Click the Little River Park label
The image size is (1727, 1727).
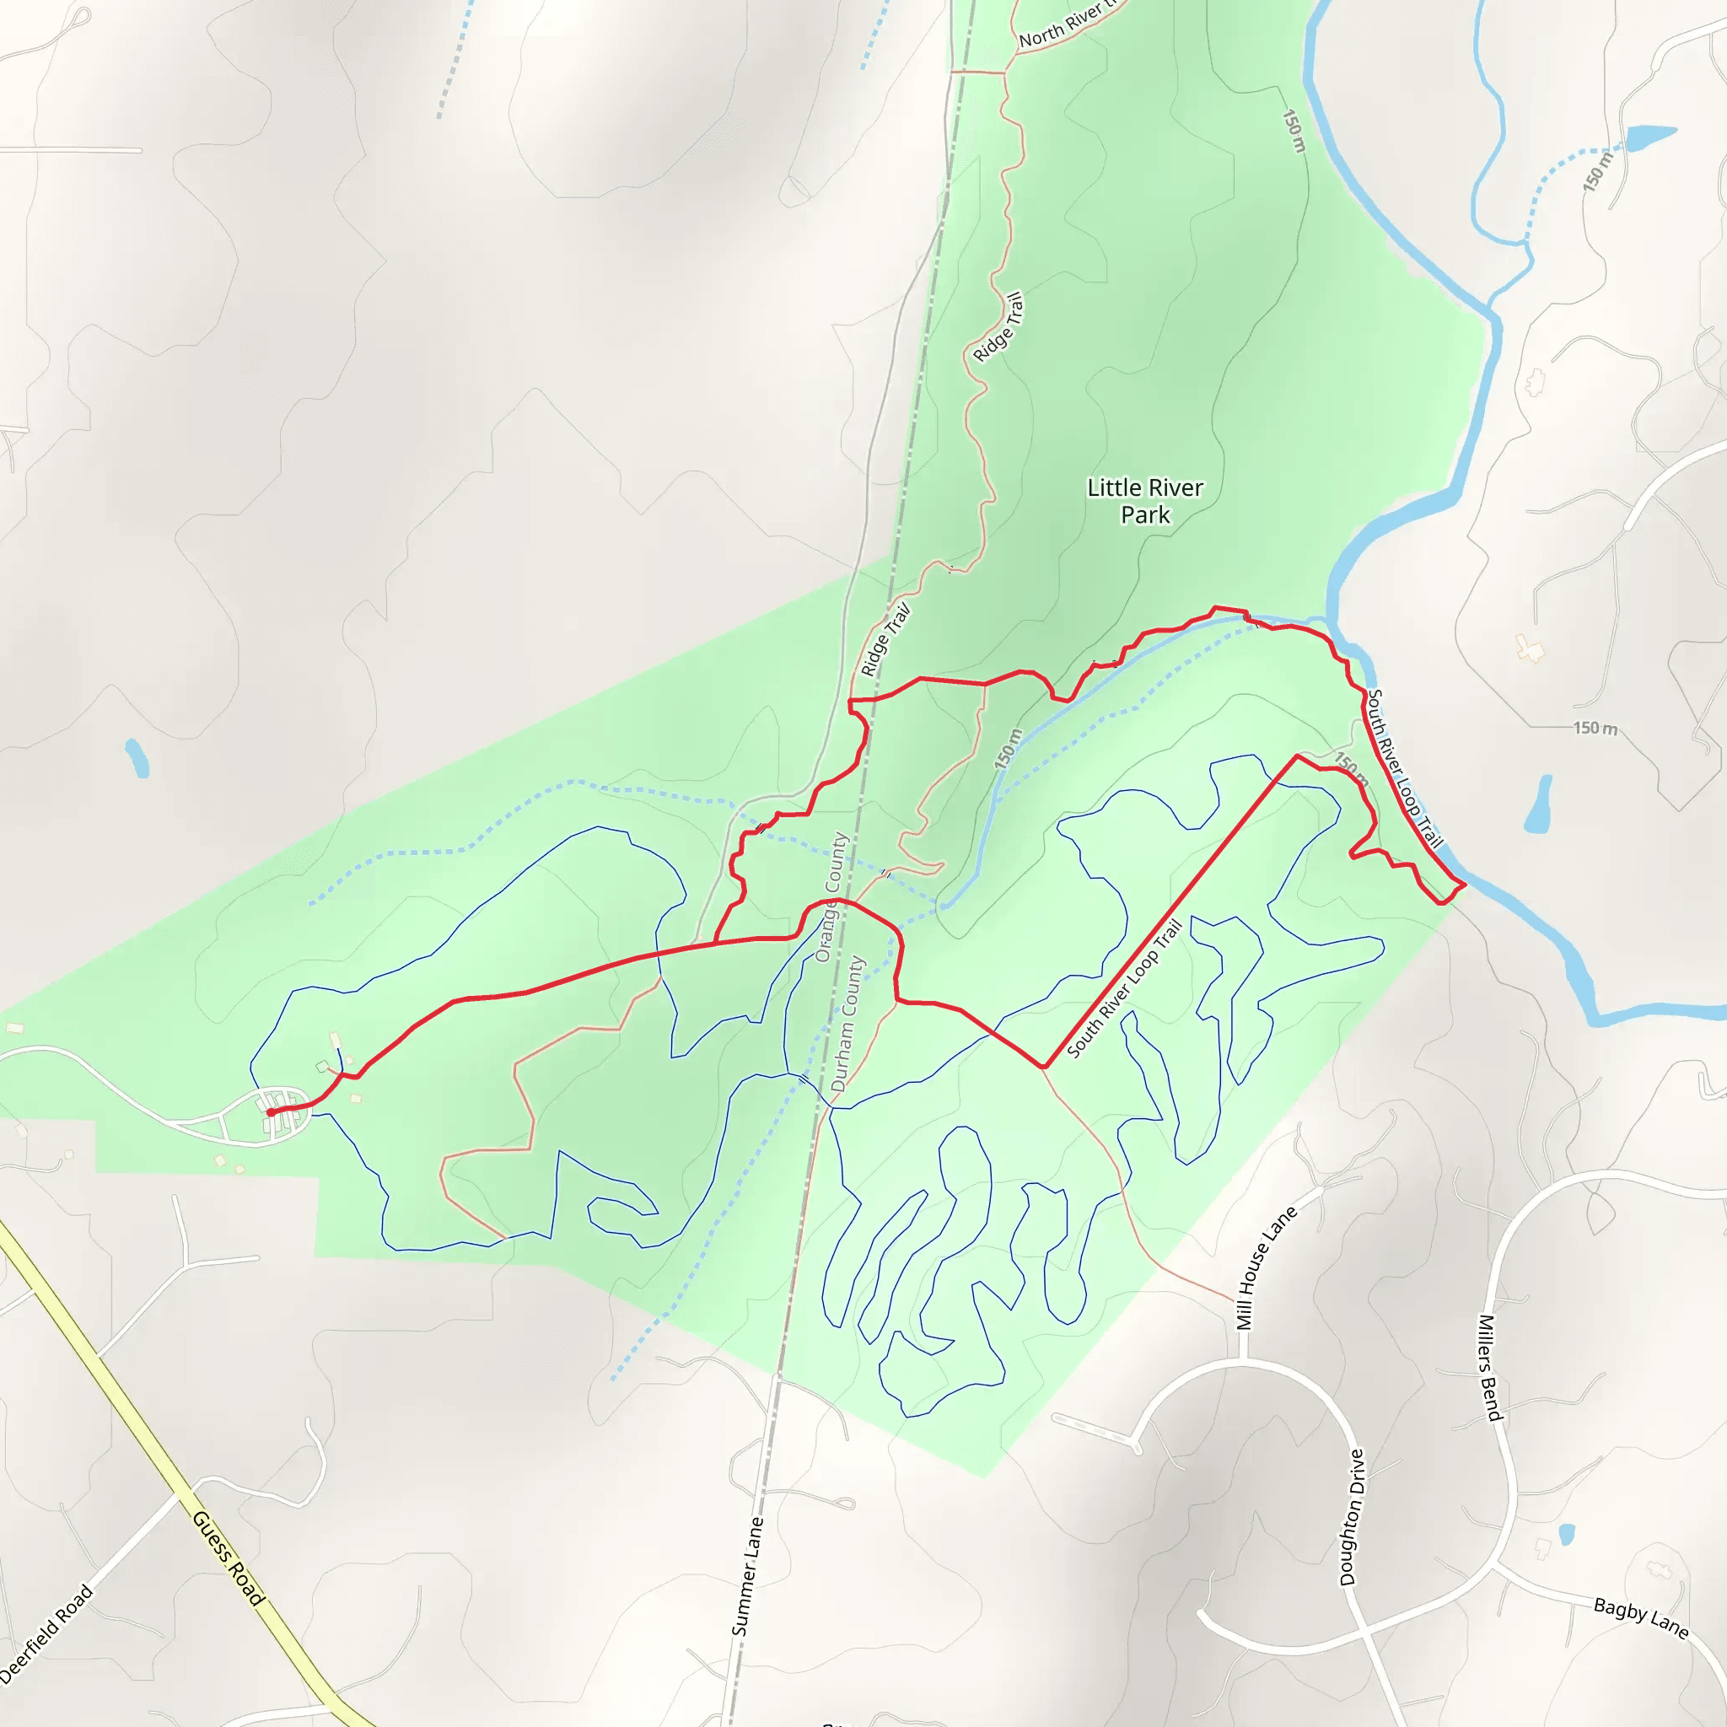click(x=1145, y=501)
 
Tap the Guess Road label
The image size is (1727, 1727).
click(x=229, y=1558)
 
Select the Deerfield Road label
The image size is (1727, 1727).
click(x=46, y=1635)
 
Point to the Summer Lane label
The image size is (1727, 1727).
click(x=747, y=1577)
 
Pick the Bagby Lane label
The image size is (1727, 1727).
click(x=1640, y=1619)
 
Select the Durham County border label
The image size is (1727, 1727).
click(x=847, y=1023)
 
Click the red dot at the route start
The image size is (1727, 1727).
click(x=270, y=1113)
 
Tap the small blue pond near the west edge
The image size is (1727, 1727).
click(x=137, y=758)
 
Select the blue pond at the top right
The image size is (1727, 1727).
click(x=1650, y=137)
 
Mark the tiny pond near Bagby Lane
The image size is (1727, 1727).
click(x=1566, y=1535)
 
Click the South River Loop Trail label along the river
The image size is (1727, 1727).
click(x=1405, y=768)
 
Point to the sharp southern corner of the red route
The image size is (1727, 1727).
click(x=1043, y=1067)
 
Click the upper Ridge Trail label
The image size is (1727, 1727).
click(x=998, y=327)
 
